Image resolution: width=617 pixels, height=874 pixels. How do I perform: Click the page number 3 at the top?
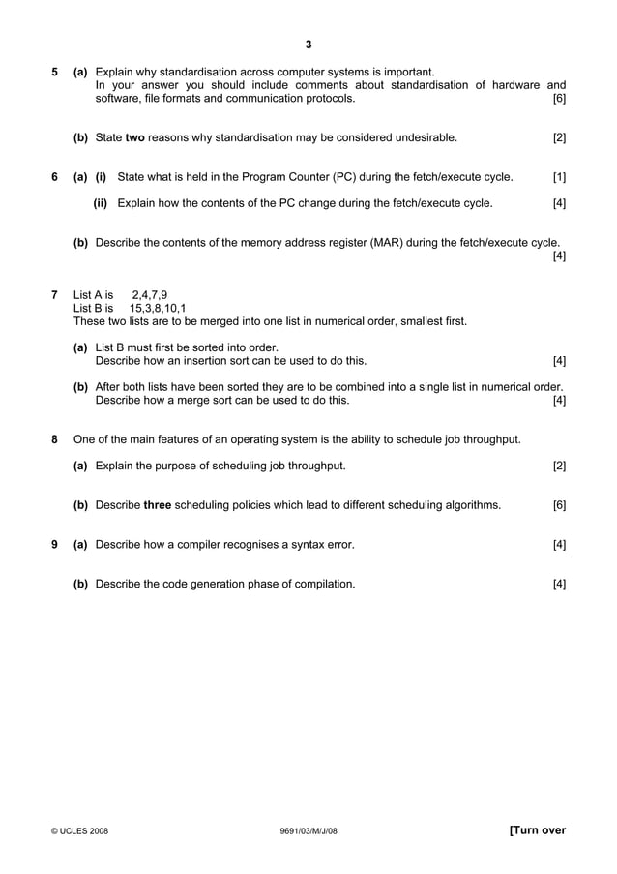point(308,44)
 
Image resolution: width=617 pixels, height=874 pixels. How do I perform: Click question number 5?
point(54,72)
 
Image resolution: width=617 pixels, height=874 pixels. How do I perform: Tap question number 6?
point(54,176)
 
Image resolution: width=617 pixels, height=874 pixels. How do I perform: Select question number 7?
point(54,294)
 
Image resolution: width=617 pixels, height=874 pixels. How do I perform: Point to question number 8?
point(54,439)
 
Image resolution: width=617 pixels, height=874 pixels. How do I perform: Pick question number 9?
point(54,545)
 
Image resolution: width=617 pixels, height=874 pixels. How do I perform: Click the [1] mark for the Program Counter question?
point(559,176)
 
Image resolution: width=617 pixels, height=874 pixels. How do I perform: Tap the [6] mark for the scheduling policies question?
point(559,505)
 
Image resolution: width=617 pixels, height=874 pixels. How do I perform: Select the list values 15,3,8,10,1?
point(158,308)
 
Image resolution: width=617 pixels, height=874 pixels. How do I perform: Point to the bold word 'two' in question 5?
point(135,138)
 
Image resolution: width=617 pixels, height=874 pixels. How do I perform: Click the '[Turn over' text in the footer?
point(537,829)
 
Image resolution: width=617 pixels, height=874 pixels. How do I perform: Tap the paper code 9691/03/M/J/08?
point(308,830)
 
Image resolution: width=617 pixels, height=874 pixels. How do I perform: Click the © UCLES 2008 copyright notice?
point(80,830)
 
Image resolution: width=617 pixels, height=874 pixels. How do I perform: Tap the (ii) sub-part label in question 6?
point(100,203)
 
